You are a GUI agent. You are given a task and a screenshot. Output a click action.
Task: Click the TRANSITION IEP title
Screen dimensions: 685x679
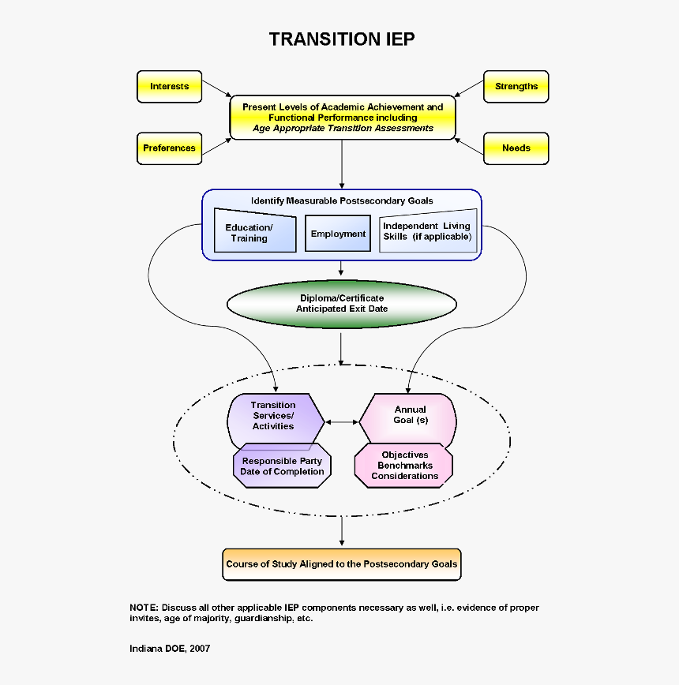[x=341, y=39]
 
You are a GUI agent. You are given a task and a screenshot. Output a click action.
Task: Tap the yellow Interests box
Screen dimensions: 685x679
[x=169, y=87]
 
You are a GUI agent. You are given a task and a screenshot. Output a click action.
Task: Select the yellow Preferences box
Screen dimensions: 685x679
[x=169, y=148]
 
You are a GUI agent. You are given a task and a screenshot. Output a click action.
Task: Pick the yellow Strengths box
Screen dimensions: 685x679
[x=516, y=87]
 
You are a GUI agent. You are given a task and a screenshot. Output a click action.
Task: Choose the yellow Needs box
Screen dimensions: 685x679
[x=516, y=148]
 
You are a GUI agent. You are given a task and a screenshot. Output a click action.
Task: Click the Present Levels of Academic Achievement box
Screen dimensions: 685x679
[x=342, y=118]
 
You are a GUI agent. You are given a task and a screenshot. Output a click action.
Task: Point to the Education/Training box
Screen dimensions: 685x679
[x=254, y=232]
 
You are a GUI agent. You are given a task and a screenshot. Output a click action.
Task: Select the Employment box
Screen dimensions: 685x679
[x=338, y=234]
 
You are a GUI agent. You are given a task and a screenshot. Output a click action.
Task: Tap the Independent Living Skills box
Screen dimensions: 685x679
[x=427, y=231]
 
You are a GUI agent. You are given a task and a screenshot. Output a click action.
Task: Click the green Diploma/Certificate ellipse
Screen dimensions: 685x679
[x=341, y=304]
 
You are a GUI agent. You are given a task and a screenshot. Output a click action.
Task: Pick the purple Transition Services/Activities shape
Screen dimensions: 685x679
[x=273, y=417]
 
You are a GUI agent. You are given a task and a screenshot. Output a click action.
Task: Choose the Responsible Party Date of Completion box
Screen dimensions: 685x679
[x=283, y=466]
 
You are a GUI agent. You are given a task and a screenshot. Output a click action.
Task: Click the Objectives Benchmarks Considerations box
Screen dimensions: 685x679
[x=404, y=466]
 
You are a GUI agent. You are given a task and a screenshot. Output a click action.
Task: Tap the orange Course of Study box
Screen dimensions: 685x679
[x=341, y=564]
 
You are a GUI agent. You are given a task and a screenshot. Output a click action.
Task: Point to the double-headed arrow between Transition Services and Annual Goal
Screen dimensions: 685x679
[x=342, y=422]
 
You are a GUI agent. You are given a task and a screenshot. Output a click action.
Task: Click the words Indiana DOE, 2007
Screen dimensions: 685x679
[x=170, y=649]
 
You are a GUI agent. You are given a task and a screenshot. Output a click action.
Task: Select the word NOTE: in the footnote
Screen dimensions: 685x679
[x=144, y=608]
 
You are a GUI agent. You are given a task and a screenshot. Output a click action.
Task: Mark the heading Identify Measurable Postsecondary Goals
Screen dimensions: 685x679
[x=342, y=200]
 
